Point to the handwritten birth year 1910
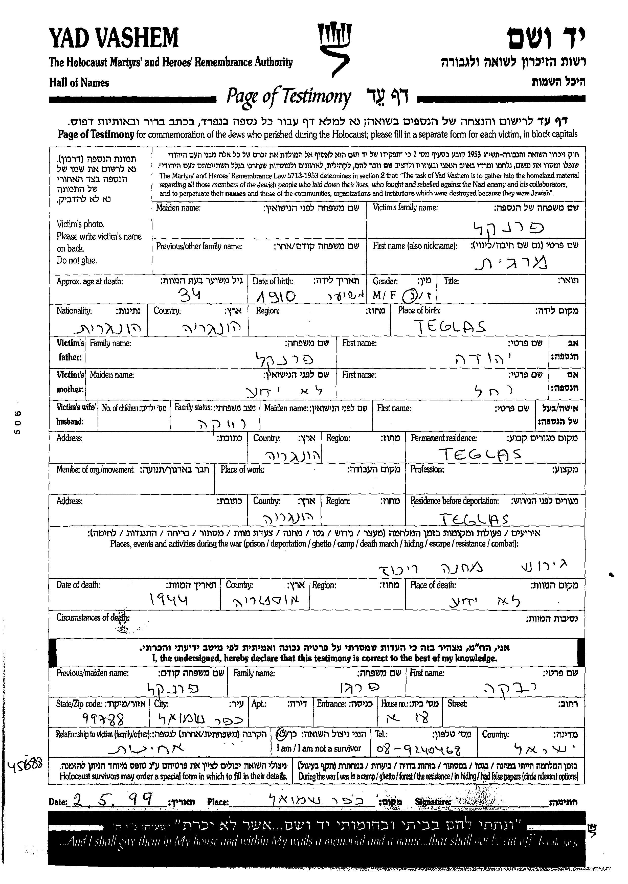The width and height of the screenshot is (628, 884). (x=276, y=296)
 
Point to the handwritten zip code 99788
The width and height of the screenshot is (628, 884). (x=104, y=719)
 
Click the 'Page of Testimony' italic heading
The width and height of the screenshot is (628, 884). (x=288, y=97)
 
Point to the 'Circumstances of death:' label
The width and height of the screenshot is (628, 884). (x=93, y=618)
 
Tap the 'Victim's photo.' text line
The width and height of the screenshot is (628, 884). (x=80, y=224)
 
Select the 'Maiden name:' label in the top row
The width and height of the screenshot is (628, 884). (x=178, y=208)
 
